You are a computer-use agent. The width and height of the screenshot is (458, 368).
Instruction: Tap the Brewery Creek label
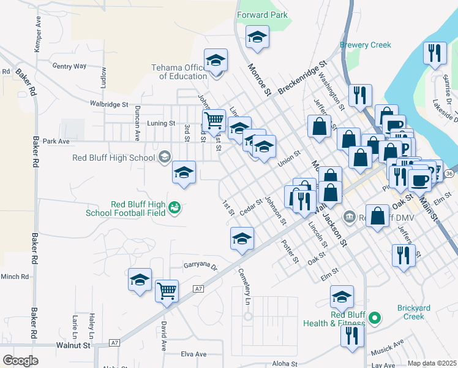click(361, 45)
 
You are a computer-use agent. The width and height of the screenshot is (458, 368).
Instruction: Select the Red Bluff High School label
click(114, 158)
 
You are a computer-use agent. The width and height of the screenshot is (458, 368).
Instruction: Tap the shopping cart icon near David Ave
click(167, 291)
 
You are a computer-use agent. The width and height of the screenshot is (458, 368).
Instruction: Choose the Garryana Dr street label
click(201, 266)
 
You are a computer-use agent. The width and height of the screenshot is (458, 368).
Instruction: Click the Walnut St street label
click(75, 345)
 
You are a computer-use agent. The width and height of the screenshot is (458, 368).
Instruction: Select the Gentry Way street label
click(70, 66)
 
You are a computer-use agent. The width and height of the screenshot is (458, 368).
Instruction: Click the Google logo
click(20, 361)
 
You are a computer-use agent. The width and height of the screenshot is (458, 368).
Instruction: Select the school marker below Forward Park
click(257, 37)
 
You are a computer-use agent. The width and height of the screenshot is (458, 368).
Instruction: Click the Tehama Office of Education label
click(183, 72)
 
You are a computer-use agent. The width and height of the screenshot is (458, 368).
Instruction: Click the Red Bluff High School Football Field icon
click(175, 209)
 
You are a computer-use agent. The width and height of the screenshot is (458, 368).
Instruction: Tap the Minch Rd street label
click(15, 277)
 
